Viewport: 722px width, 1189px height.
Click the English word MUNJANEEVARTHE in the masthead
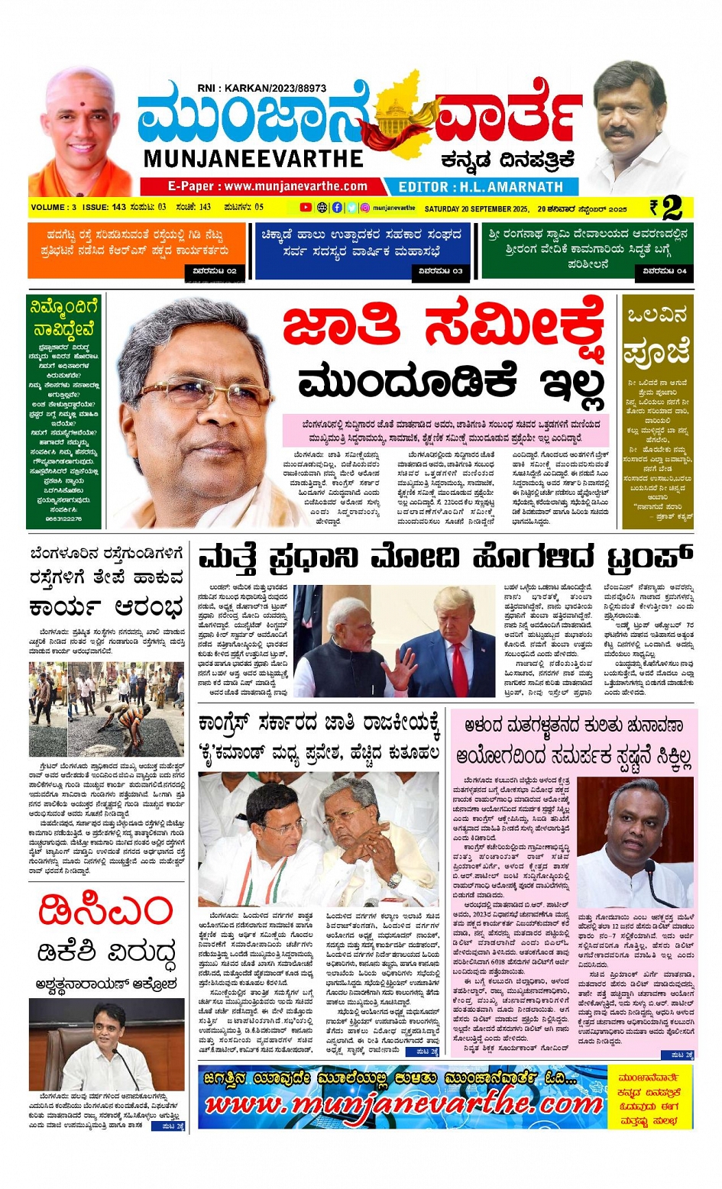[x=253, y=159]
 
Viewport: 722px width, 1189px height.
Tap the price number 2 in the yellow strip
[x=672, y=208]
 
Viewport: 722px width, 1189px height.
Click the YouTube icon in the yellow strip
[x=306, y=208]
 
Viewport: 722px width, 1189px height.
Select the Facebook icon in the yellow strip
[x=337, y=208]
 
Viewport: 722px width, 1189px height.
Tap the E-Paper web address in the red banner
[x=267, y=186]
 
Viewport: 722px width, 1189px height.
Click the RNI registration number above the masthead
[x=261, y=89]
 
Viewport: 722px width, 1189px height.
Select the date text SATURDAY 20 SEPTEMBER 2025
[x=477, y=208]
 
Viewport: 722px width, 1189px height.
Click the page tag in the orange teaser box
[x=215, y=271]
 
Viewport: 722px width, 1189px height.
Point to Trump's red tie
[x=459, y=669]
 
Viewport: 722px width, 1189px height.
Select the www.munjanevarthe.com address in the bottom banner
[x=403, y=1104]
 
